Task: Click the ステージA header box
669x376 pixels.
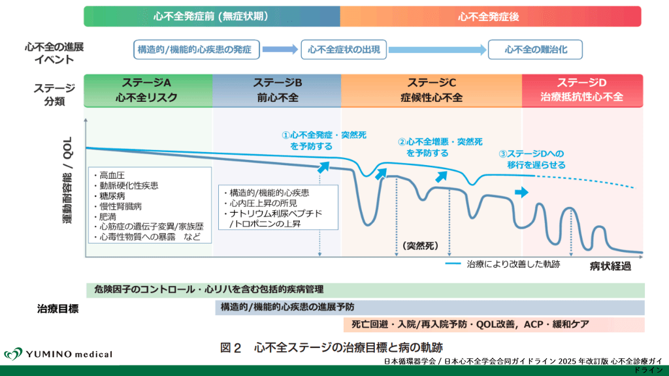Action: coord(148,90)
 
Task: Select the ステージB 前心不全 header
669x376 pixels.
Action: coord(277,90)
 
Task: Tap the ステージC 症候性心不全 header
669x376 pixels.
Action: coord(431,90)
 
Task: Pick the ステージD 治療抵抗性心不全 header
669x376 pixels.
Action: coord(582,90)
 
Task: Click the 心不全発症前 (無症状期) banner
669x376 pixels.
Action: coord(212,16)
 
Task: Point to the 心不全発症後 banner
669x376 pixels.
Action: coord(490,16)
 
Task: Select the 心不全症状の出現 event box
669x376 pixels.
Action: coord(344,49)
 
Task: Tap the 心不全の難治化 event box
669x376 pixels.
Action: coord(535,49)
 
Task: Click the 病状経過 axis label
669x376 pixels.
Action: coord(612,266)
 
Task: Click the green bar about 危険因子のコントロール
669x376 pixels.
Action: coord(365,289)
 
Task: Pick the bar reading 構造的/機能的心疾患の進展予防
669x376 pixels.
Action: coord(429,307)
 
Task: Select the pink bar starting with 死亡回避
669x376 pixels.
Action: coord(493,324)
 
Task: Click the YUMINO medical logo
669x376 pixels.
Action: coord(58,354)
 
